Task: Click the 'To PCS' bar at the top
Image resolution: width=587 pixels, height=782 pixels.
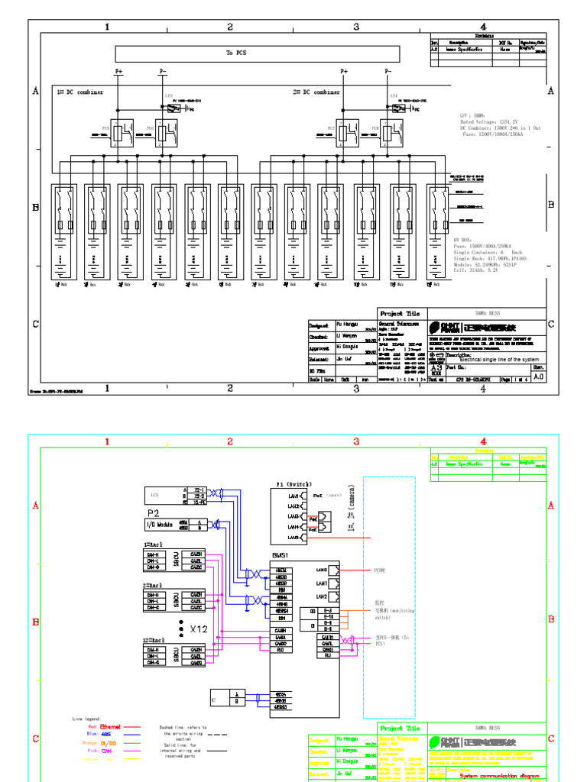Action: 257,53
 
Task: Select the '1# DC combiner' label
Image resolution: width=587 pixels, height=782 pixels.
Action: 80,92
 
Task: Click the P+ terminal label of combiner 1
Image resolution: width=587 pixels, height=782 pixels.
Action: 118,71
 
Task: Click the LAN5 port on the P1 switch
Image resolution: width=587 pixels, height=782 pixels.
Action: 293,538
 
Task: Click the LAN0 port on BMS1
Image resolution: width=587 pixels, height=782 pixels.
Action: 321,570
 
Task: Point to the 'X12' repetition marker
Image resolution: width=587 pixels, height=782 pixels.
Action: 199,629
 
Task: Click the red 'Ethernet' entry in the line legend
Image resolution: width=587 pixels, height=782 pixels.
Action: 111,728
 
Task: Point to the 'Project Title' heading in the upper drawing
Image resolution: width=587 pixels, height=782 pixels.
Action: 400,313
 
